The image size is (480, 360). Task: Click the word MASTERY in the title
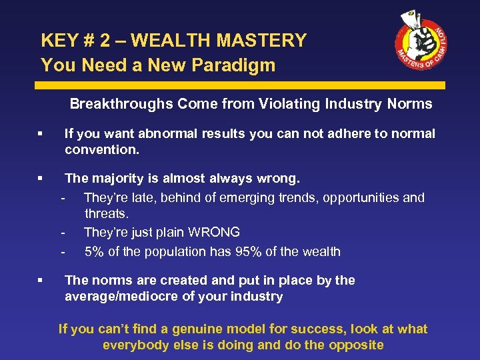coord(264,41)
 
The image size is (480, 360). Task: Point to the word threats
coord(107,213)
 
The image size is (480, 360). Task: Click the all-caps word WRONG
coord(213,233)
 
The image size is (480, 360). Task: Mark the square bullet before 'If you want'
coord(41,134)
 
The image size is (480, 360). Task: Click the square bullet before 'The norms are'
coord(41,281)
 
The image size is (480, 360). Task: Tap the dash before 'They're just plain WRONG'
coord(63,233)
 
